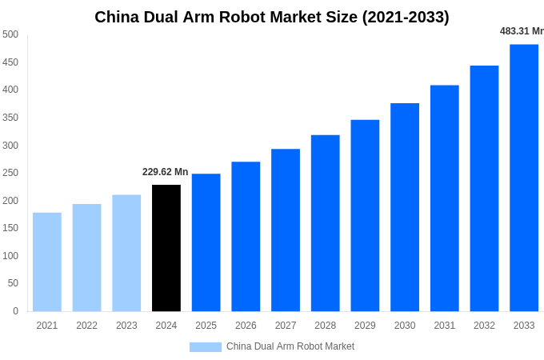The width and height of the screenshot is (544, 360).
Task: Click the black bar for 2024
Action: (166, 248)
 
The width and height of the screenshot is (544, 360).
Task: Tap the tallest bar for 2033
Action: (524, 178)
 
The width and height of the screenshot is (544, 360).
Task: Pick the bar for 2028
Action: (325, 223)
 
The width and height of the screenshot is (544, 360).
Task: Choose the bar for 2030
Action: (405, 207)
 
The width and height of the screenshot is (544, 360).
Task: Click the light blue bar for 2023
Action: (126, 253)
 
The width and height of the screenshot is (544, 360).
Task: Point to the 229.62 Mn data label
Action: (165, 172)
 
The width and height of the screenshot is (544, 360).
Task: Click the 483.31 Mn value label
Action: (522, 31)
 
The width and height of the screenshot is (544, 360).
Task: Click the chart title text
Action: (272, 17)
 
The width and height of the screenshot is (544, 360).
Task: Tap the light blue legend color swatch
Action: (205, 347)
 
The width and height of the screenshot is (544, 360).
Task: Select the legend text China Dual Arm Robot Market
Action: (290, 347)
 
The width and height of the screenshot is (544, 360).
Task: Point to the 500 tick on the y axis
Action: (10, 34)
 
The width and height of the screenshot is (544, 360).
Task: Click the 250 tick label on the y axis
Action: (10, 173)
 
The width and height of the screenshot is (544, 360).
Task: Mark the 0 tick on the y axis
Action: (15, 311)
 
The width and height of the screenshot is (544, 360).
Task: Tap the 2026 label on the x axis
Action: (246, 326)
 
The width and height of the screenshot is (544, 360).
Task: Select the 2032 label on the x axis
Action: (484, 326)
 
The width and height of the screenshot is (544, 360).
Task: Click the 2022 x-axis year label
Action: (86, 326)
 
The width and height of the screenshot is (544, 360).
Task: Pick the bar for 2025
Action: (206, 242)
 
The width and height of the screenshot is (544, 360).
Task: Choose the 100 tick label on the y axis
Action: (10, 256)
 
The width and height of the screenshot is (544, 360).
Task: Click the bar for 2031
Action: (444, 198)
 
